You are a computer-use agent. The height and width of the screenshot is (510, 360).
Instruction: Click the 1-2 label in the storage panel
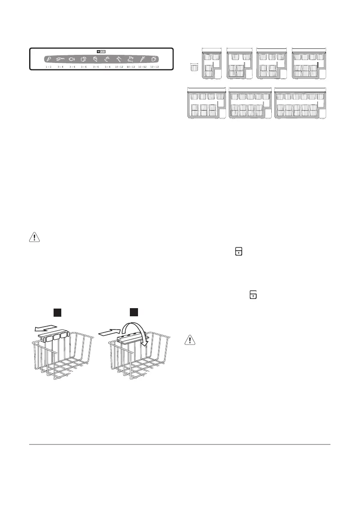click(x=49, y=67)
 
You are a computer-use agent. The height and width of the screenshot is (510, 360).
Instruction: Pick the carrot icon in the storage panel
click(x=142, y=59)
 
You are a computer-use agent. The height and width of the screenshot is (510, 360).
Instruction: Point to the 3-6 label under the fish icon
click(x=72, y=67)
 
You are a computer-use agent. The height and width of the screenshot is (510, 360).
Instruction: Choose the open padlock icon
click(x=253, y=294)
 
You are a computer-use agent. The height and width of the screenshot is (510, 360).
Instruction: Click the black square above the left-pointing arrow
click(x=57, y=312)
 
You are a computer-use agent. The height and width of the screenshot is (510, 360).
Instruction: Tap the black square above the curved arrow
click(x=134, y=312)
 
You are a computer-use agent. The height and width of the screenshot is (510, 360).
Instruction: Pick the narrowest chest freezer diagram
click(x=211, y=63)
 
